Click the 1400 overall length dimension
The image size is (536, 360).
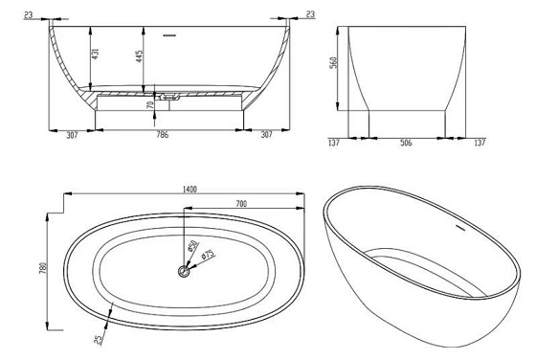(x=190, y=189)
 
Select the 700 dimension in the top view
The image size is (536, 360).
(x=241, y=204)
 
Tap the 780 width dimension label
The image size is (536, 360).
(x=43, y=269)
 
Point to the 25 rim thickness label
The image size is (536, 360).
(x=98, y=340)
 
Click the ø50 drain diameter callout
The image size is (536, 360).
(x=193, y=245)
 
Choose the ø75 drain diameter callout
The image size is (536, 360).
(x=208, y=255)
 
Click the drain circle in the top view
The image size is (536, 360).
(x=184, y=272)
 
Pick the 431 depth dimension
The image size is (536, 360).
(x=96, y=54)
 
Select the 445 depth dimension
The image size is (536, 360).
(x=140, y=56)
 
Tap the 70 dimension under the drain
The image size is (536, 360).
(x=150, y=105)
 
